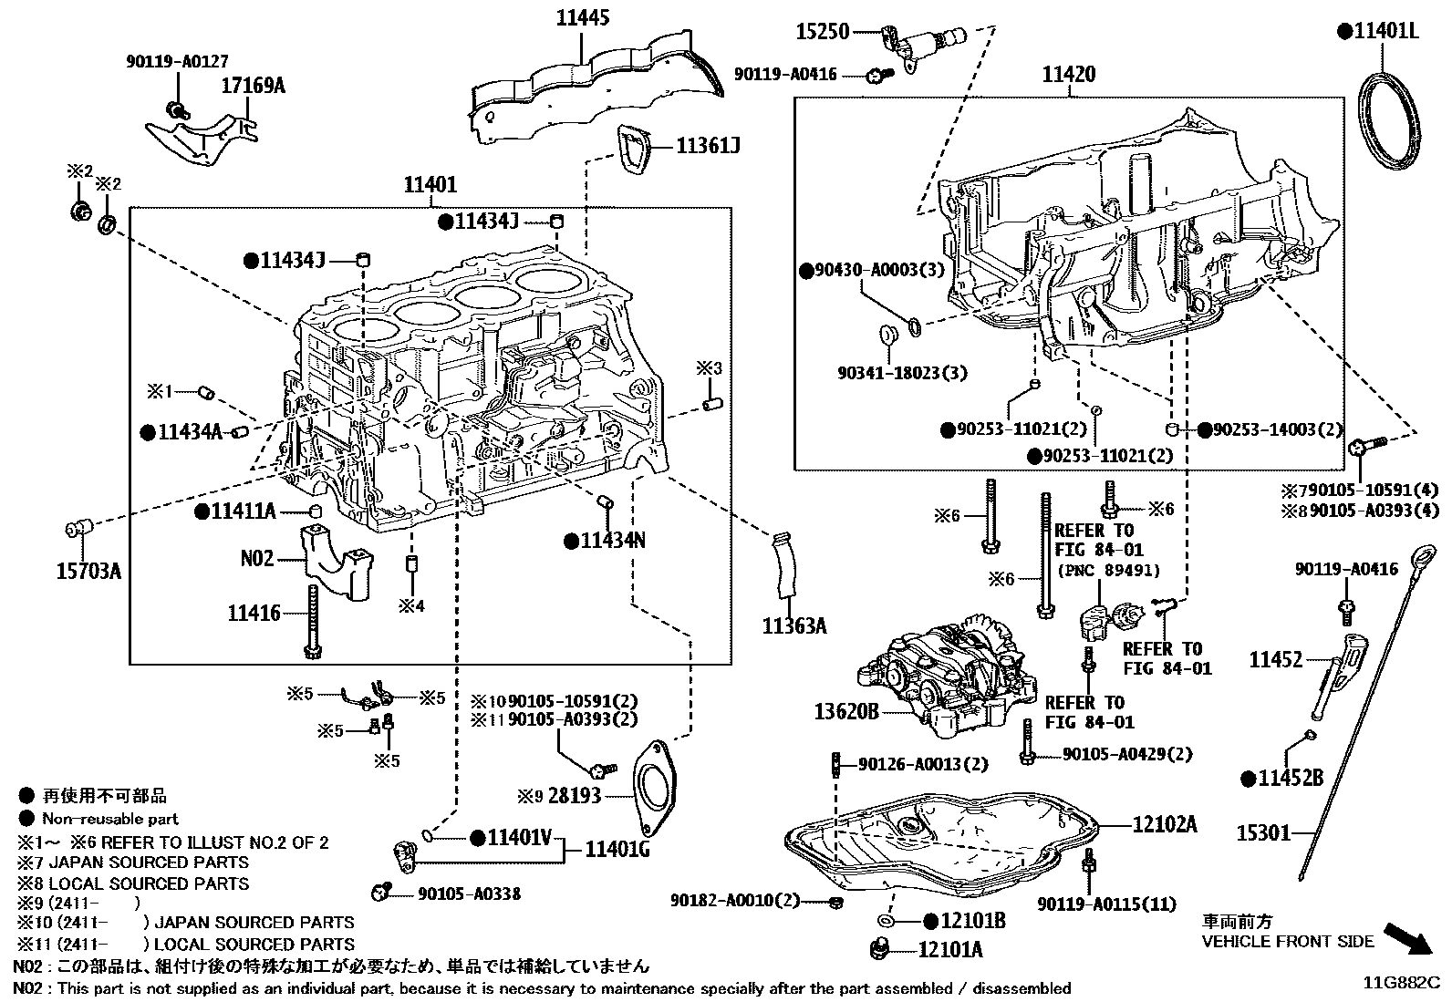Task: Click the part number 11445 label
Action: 583,17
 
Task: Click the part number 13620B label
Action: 846,711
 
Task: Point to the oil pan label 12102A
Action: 1164,824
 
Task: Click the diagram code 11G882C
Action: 1401,983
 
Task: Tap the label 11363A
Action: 794,625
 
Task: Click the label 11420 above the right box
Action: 1069,74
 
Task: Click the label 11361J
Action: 707,146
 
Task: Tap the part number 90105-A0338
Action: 469,894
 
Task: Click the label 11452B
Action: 1291,779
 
